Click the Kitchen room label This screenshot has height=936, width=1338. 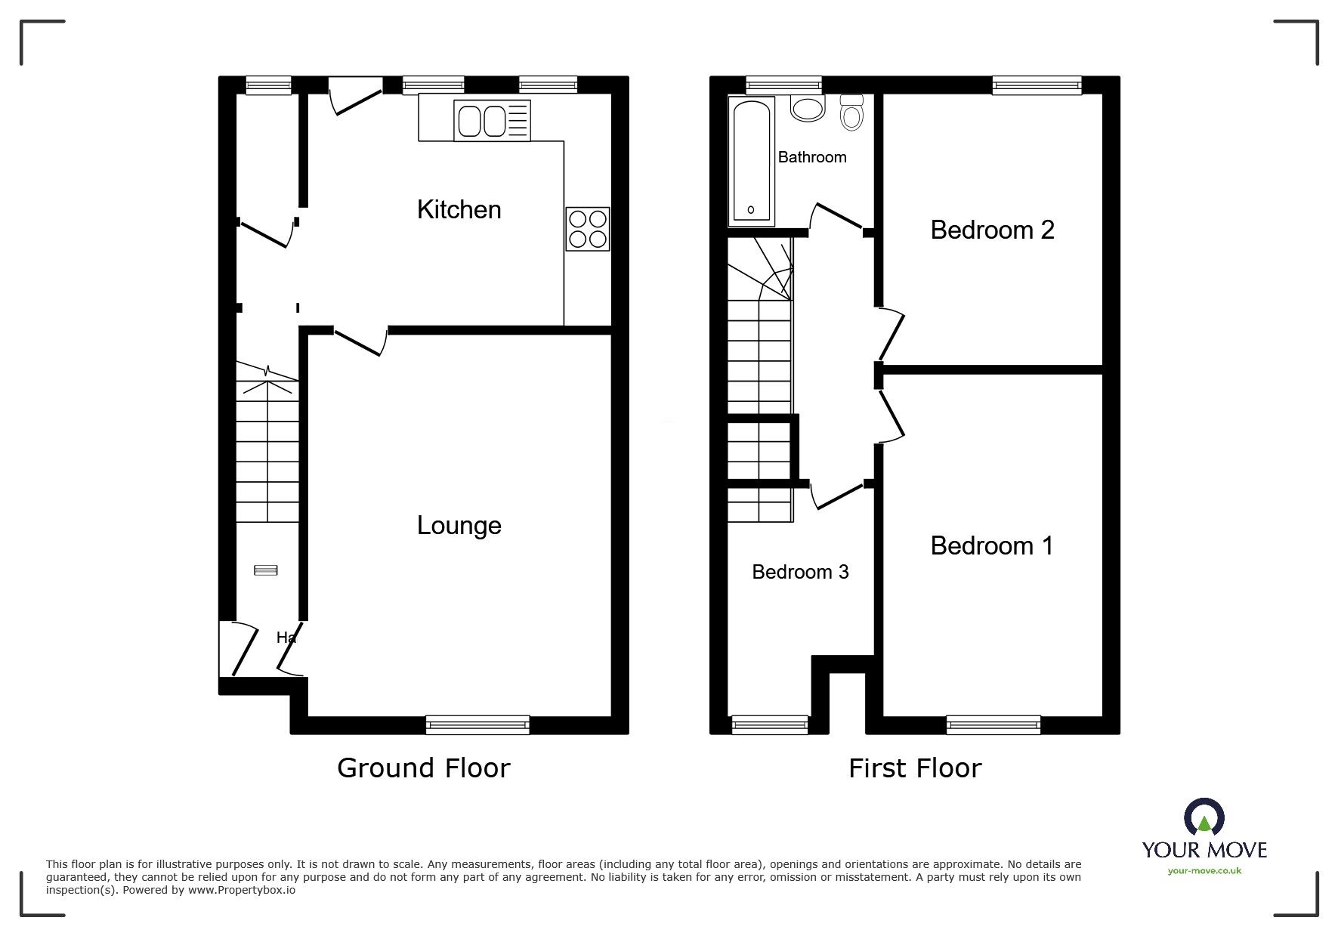pyautogui.click(x=459, y=209)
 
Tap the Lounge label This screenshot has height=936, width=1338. pyautogui.click(x=459, y=525)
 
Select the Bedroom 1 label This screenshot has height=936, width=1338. pyautogui.click(x=991, y=545)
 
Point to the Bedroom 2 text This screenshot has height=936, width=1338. pyautogui.click(x=991, y=230)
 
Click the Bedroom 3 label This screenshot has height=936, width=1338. pyautogui.click(x=800, y=572)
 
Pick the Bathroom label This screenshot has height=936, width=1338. pyautogui.click(x=811, y=157)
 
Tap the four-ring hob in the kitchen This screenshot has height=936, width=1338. pyautogui.click(x=587, y=229)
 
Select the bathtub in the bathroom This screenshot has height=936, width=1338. pyautogui.click(x=751, y=161)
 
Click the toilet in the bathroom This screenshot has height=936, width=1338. pyautogui.click(x=851, y=113)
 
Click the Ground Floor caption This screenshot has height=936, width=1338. pyautogui.click(x=423, y=768)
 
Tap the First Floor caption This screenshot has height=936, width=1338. pyautogui.click(x=914, y=768)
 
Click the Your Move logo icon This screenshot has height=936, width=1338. pyautogui.click(x=1204, y=818)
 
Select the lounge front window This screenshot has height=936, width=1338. pyautogui.click(x=477, y=724)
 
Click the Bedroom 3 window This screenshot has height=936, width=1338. pyautogui.click(x=769, y=724)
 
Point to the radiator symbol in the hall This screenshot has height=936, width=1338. pyautogui.click(x=265, y=570)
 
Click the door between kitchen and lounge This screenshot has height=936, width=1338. pyautogui.click(x=360, y=341)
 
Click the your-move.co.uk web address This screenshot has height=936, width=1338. pyautogui.click(x=1204, y=871)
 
